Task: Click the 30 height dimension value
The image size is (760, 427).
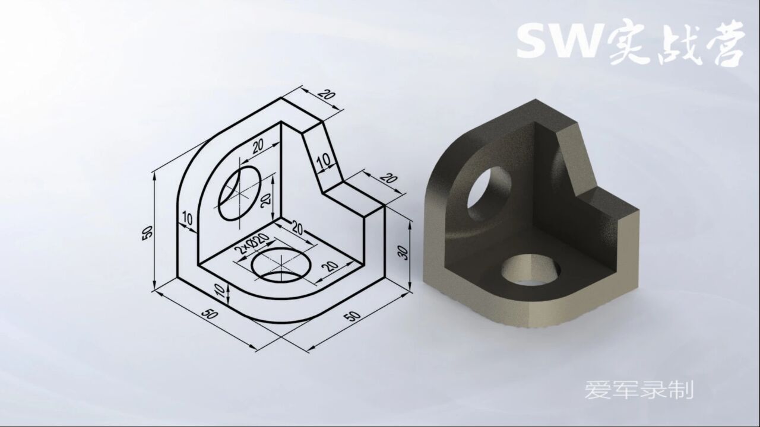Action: pos(403,253)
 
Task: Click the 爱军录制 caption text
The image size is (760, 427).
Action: pos(639,390)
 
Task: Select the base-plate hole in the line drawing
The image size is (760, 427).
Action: pos(281,265)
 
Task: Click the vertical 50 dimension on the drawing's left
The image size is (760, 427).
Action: pos(148,232)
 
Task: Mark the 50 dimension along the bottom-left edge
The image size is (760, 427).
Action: pos(210,314)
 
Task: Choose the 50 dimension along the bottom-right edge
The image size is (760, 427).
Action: pos(352,315)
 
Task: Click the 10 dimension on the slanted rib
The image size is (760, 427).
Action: pos(323,161)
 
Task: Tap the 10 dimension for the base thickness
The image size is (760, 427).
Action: pos(219,290)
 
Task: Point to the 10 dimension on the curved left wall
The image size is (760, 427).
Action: pos(188,219)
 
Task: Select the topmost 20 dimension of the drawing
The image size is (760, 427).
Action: pos(325,95)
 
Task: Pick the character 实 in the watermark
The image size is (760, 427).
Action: pos(629,44)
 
